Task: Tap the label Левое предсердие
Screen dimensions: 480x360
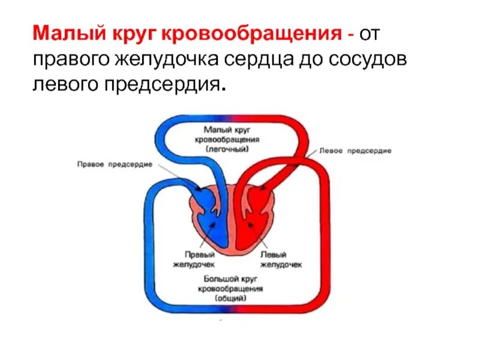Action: pos(356,151)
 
